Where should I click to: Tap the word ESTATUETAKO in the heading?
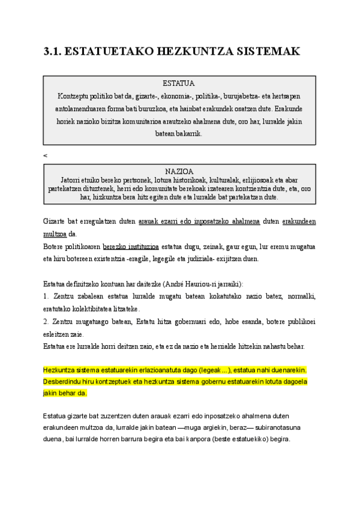(107, 52)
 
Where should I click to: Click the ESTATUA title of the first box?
(179, 83)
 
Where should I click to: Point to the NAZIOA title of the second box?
(179, 171)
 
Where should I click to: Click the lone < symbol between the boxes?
(45, 155)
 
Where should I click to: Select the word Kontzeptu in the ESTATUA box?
(73, 96)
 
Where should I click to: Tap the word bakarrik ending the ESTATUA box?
(190, 134)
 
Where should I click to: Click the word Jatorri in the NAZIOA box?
(71, 179)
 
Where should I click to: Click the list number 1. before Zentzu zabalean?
(46, 297)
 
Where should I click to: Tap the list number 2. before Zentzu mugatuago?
(46, 322)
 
